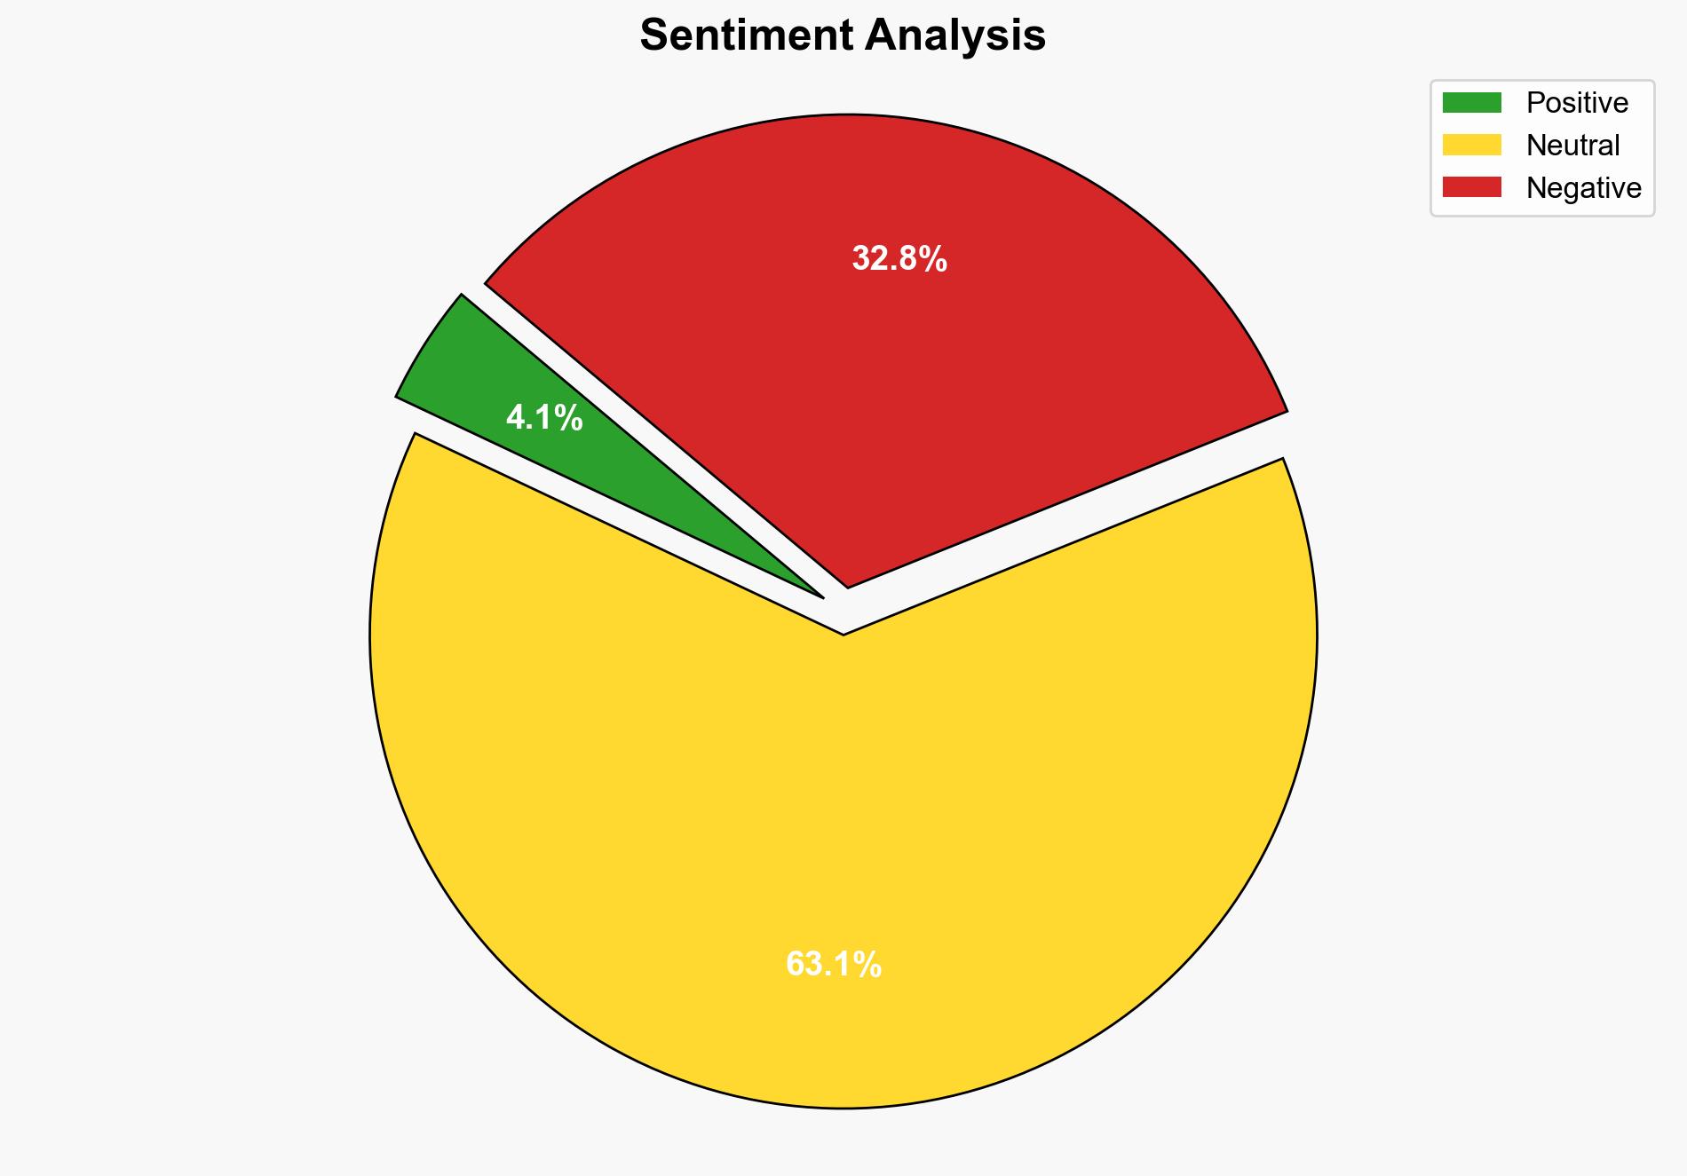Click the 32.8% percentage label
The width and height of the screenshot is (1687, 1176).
[x=899, y=259]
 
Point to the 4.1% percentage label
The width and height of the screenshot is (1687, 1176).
[x=544, y=417]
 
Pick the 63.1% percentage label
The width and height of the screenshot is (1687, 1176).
[x=834, y=964]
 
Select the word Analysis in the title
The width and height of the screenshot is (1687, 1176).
[x=955, y=36]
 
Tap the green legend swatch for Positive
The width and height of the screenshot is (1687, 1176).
[x=1471, y=103]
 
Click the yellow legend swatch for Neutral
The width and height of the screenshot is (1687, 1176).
[x=1471, y=145]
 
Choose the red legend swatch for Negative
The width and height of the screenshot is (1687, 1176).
[x=1471, y=187]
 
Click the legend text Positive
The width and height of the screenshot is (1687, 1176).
[x=1577, y=103]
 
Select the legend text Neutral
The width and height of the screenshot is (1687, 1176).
[x=1572, y=145]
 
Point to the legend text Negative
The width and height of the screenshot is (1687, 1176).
[x=1583, y=187]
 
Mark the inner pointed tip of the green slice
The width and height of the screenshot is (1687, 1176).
[x=822, y=596]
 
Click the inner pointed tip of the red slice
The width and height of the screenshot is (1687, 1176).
[x=848, y=586]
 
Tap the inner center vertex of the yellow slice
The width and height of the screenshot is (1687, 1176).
[x=843, y=634]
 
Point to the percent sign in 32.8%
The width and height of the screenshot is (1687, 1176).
[x=932, y=259]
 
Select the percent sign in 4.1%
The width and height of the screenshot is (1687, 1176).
[x=568, y=417]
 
